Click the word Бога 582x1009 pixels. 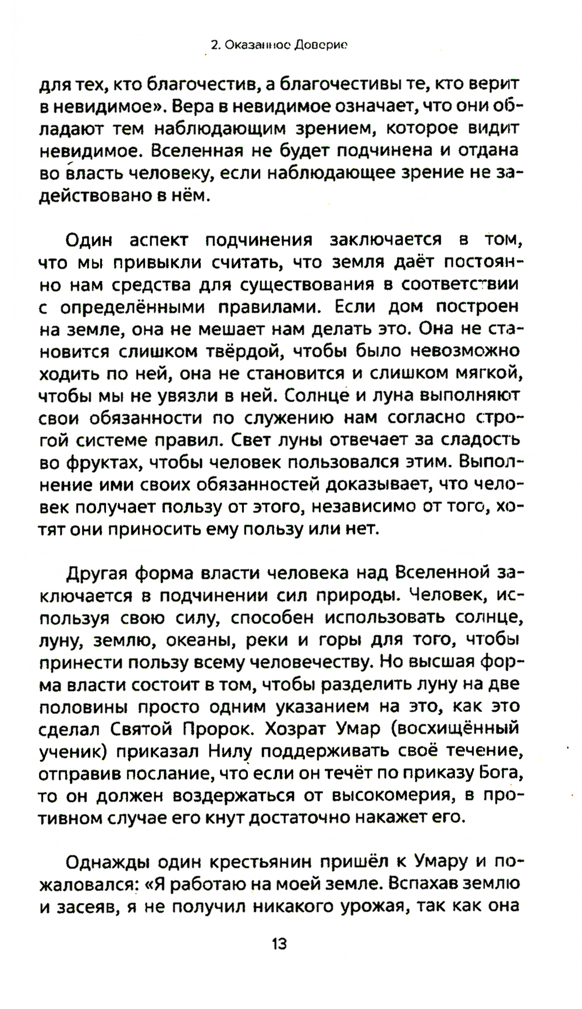click(498, 774)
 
